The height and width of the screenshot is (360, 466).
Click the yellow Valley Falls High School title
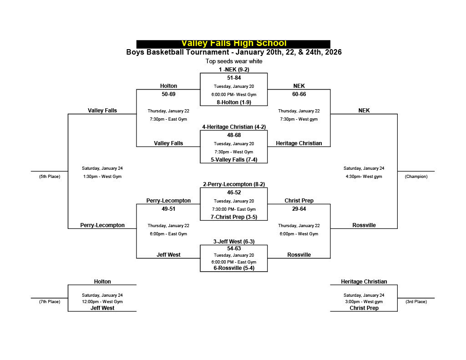point(233,43)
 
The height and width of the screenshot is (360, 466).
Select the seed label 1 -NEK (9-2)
point(234,70)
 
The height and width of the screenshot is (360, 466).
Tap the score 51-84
point(234,78)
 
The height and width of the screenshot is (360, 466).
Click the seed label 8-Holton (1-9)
point(234,102)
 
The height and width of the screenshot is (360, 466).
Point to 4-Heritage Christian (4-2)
point(234,127)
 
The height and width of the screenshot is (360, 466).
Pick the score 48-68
point(234,135)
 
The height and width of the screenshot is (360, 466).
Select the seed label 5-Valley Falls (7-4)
point(234,160)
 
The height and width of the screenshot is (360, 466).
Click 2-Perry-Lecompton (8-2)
point(234,184)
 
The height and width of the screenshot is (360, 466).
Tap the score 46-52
point(234,193)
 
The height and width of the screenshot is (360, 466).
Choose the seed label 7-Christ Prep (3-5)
point(234,217)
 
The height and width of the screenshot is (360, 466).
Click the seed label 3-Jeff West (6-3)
point(234,242)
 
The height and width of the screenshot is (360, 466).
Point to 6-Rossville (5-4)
point(234,268)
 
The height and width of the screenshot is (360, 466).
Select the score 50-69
point(168,94)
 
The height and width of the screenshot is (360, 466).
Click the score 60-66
point(299,94)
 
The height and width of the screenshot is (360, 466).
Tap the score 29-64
point(299,209)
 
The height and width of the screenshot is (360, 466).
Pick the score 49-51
point(168,209)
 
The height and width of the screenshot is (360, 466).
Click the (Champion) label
point(416,177)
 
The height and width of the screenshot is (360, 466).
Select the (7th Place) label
point(49,302)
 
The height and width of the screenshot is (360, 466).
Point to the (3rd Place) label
point(416,302)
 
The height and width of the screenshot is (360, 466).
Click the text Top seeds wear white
point(234,61)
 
